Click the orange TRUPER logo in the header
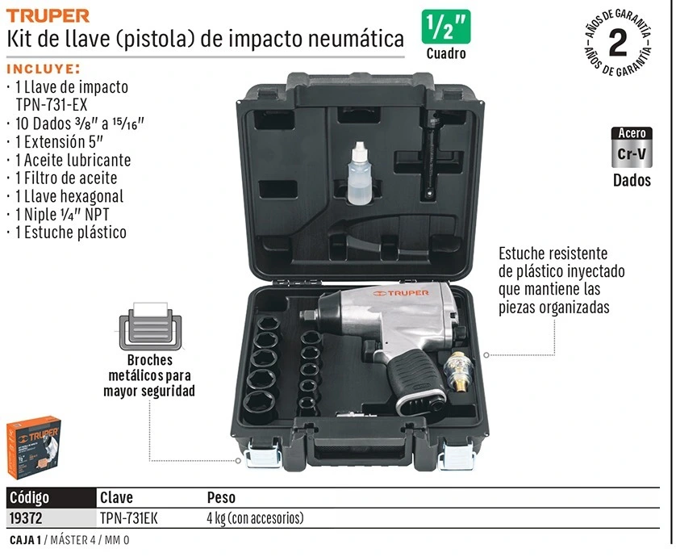48,16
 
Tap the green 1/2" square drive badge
446,27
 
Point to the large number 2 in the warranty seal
618,43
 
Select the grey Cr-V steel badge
632,147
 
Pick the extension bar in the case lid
428,154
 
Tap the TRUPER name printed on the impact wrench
401,293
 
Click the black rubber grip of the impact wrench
414,379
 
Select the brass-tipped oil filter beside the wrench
457,371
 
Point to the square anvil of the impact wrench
308,316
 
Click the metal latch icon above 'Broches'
150,326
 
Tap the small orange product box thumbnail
34,446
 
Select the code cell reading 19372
26,517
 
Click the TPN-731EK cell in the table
129,517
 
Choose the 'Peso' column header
221,497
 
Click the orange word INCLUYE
44,69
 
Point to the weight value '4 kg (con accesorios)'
255,517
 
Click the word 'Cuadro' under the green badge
446,53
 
